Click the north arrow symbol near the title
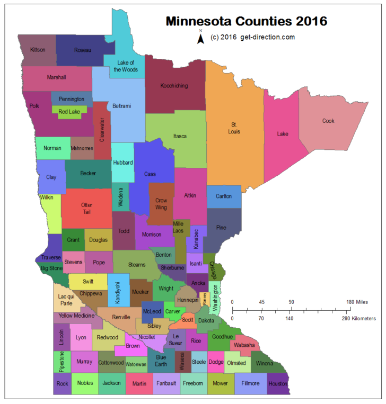(x=201, y=38)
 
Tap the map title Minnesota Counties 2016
(x=246, y=22)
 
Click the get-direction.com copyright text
(x=252, y=37)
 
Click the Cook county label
(x=328, y=121)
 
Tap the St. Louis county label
(x=234, y=128)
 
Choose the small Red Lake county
(x=69, y=111)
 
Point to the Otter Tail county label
(x=86, y=208)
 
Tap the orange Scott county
(x=187, y=320)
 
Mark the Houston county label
(x=278, y=383)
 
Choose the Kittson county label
(x=38, y=50)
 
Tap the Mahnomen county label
(x=82, y=148)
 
